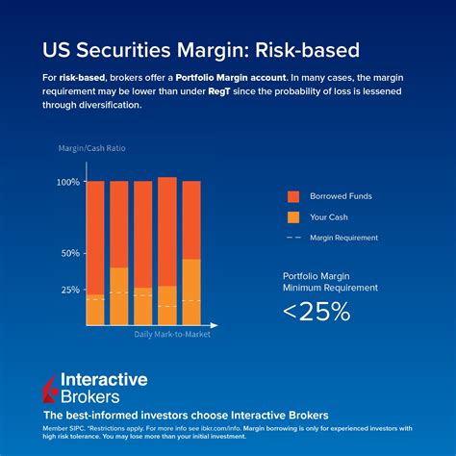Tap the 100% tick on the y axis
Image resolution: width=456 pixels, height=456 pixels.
pyautogui.click(x=68, y=182)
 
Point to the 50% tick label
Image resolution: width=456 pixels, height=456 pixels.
pyautogui.click(x=70, y=253)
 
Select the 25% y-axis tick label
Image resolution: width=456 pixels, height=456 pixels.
pyautogui.click(x=70, y=289)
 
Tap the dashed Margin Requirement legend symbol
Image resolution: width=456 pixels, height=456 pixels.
pyautogui.click(x=294, y=238)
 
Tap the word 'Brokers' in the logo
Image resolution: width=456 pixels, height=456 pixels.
pyautogui.click(x=90, y=395)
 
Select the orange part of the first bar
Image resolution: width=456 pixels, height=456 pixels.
pyautogui.click(x=95, y=310)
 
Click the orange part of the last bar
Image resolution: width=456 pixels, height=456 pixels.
pyautogui.click(x=191, y=292)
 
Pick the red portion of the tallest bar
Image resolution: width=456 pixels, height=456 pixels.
pyautogui.click(x=167, y=231)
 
